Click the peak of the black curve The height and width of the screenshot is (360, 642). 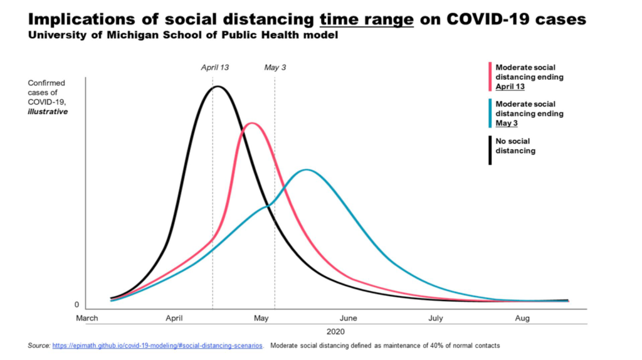click(x=217, y=87)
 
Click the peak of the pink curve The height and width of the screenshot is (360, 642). click(x=251, y=123)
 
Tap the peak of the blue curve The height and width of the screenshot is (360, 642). click(x=306, y=170)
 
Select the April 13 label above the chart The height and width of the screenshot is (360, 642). click(x=215, y=67)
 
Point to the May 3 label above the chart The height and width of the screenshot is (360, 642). click(x=275, y=67)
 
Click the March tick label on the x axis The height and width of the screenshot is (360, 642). click(x=87, y=319)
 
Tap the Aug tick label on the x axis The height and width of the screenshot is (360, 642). click(x=522, y=319)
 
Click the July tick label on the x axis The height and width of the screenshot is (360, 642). click(x=435, y=319)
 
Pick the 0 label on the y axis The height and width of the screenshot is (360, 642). click(x=77, y=305)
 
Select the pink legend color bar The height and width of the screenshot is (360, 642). click(x=490, y=77)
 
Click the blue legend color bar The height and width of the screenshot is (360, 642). click(x=490, y=113)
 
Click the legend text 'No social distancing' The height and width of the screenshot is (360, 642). click(x=515, y=147)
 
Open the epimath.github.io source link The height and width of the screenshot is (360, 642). click(x=157, y=346)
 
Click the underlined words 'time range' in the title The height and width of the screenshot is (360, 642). click(x=366, y=19)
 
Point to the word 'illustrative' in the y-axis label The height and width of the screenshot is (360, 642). click(x=48, y=112)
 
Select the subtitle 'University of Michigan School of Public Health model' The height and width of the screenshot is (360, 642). click(x=182, y=36)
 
